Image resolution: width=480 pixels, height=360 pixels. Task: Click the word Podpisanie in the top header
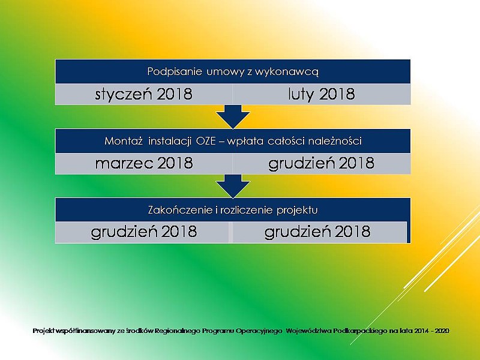[x=175, y=71]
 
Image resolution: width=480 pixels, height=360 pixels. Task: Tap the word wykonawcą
[x=287, y=72]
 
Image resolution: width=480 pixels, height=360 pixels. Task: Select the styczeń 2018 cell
[x=144, y=94]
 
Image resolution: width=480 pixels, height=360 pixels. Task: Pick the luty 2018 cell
[x=322, y=94]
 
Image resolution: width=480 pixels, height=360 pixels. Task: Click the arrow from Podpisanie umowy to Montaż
[x=233, y=116]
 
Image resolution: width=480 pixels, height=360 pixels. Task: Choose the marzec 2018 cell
[x=144, y=163]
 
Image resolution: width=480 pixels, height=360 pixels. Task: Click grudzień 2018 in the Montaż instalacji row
[x=322, y=163]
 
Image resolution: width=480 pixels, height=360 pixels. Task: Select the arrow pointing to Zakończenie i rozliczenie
[x=233, y=186]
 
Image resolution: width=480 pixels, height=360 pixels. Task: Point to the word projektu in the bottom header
[x=297, y=211]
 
